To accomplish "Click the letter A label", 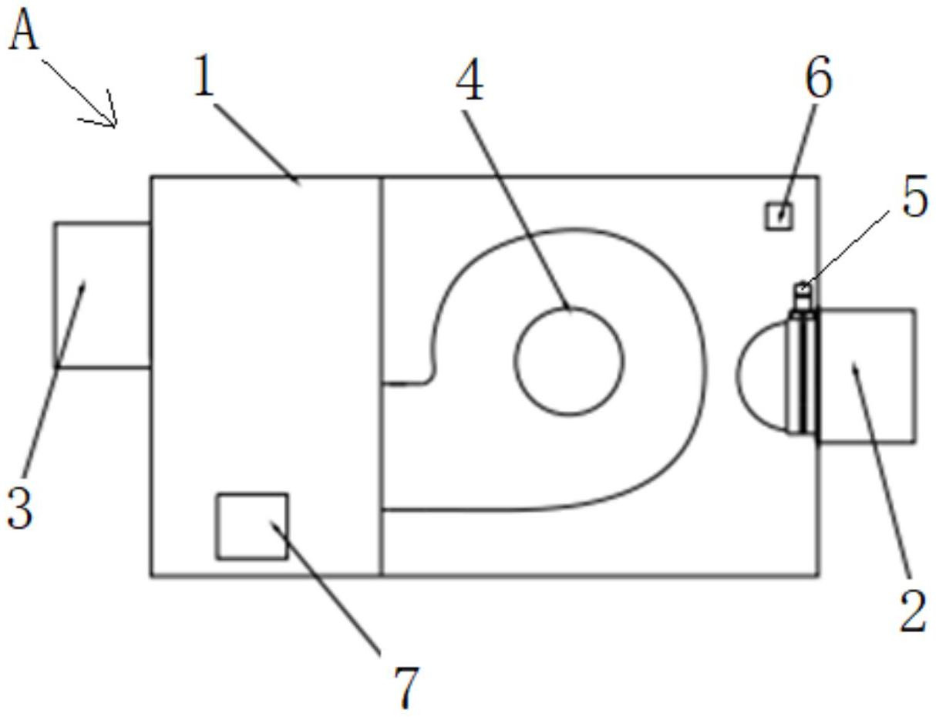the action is tap(23, 33).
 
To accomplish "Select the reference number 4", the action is tap(470, 79).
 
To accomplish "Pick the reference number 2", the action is tap(913, 613).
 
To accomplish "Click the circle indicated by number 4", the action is tap(569, 361).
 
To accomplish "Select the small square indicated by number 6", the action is tap(779, 216).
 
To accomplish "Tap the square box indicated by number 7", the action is tap(252, 526).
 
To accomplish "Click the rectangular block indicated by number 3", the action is tap(102, 295).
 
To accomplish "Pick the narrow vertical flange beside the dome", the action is tap(803, 372).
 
